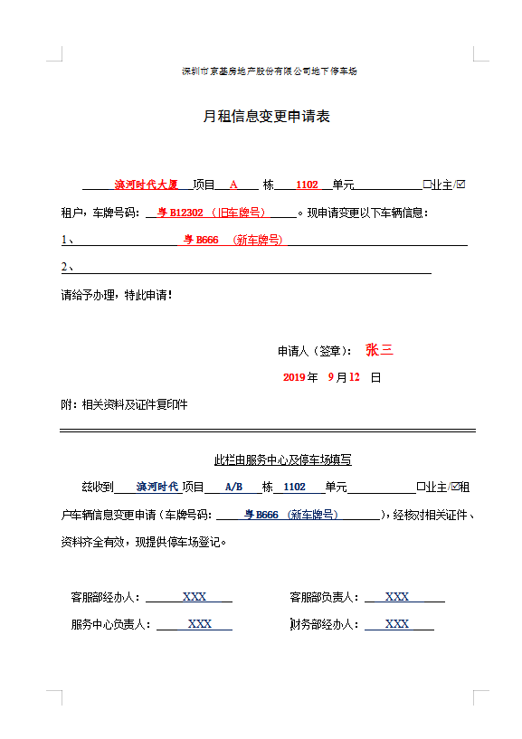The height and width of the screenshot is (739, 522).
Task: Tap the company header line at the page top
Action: (269, 71)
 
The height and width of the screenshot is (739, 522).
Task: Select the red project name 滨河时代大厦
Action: (146, 185)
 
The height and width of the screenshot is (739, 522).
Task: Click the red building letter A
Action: (233, 185)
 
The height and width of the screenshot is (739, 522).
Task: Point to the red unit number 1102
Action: (307, 185)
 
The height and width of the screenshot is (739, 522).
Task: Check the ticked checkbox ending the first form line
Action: (461, 185)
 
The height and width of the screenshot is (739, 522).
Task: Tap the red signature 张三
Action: (379, 350)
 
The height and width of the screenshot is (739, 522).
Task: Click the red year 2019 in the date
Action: (295, 377)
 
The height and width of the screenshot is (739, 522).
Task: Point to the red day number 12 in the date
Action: (355, 377)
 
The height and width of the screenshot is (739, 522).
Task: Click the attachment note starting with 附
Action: (124, 404)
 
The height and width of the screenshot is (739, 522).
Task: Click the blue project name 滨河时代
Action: (157, 487)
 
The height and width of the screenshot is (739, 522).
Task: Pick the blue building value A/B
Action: (233, 487)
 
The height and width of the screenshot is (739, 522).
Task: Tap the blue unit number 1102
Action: (294, 487)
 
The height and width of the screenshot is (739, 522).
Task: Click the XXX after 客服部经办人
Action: (195, 597)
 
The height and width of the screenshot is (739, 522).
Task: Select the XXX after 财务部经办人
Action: (397, 624)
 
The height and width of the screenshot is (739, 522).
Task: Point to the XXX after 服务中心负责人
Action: (199, 624)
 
